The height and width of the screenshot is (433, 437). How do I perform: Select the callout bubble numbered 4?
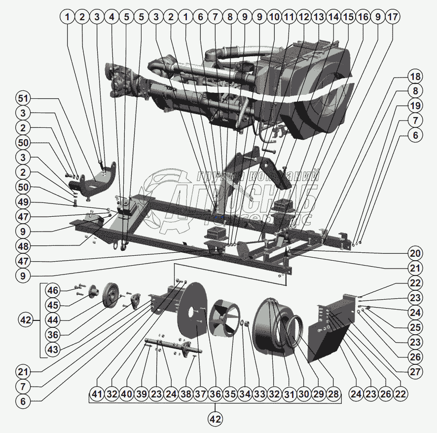click(x=112, y=17)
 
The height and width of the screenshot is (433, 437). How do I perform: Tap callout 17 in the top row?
click(x=393, y=17)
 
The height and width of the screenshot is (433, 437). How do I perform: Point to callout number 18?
click(x=415, y=77)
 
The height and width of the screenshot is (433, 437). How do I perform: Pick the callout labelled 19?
click(x=415, y=106)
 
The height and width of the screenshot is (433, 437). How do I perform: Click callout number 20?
click(x=415, y=254)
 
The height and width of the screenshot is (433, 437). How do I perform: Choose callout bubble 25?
click(x=415, y=328)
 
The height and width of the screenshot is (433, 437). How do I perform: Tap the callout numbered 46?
click(x=53, y=290)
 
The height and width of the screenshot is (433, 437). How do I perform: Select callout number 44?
click(x=53, y=320)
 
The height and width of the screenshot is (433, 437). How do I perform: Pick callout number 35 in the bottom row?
click(x=230, y=395)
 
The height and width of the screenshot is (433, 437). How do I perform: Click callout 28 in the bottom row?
click(x=333, y=395)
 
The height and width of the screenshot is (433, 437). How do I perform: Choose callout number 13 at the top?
click(x=319, y=17)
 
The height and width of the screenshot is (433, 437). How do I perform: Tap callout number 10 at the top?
click(x=274, y=17)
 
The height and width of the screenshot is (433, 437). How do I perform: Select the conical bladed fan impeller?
click(x=224, y=320)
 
